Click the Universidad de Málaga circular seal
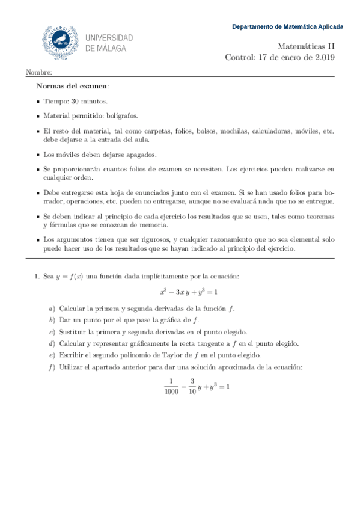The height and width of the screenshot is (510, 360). (x=59, y=41)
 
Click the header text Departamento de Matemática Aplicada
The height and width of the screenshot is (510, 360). (x=288, y=27)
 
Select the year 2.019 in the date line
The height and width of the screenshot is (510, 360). (x=322, y=58)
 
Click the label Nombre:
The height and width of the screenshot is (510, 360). (x=35, y=73)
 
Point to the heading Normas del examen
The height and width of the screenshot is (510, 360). (x=73, y=86)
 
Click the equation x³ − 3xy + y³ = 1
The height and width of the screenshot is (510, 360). (x=189, y=292)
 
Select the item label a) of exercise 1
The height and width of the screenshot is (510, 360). (x=52, y=309)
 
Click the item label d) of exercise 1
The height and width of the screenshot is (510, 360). (x=52, y=343)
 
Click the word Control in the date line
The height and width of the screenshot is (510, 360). (x=239, y=58)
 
